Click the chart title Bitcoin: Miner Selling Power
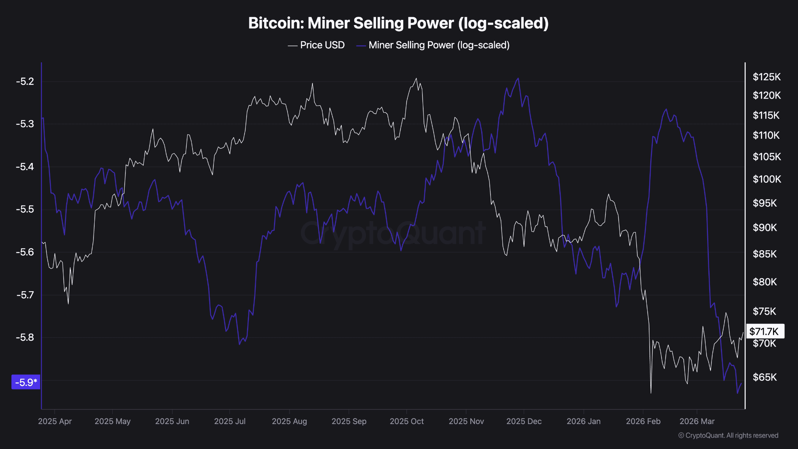click(398, 23)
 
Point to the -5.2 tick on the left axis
click(25, 81)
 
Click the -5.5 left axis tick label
click(25, 209)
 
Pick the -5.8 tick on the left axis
click(25, 337)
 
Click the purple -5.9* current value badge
click(26, 382)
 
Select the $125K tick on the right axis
click(766, 77)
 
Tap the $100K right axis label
click(766, 179)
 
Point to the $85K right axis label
click(764, 254)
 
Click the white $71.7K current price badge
click(764, 332)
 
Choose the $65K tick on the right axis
click(764, 377)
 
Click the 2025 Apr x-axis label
click(55, 421)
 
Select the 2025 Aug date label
click(290, 421)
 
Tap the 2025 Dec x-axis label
click(524, 421)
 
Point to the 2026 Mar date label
click(697, 421)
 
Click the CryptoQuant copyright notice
click(728, 435)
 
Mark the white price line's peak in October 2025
click(416, 78)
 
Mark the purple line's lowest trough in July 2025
click(239, 344)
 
